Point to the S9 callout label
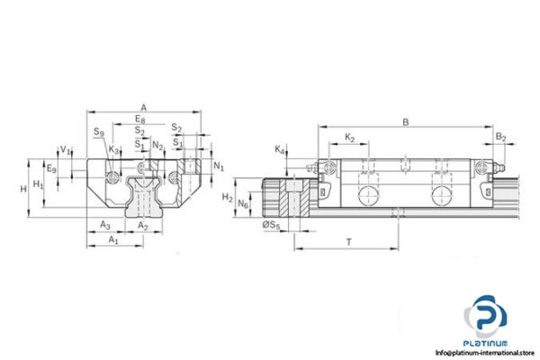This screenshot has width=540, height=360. click(97, 132)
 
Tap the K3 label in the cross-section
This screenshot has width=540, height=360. click(113, 149)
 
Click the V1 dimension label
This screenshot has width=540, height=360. click(62, 149)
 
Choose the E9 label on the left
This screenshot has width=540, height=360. click(51, 168)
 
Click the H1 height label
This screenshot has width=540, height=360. click(37, 184)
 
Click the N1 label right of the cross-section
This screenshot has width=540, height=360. click(219, 166)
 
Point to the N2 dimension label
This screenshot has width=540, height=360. click(158, 144)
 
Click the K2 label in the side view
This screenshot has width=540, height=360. click(349, 138)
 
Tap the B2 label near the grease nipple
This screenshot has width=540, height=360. click(500, 138)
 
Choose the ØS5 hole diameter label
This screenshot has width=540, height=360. click(271, 225)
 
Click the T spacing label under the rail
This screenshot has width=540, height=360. click(347, 242)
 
